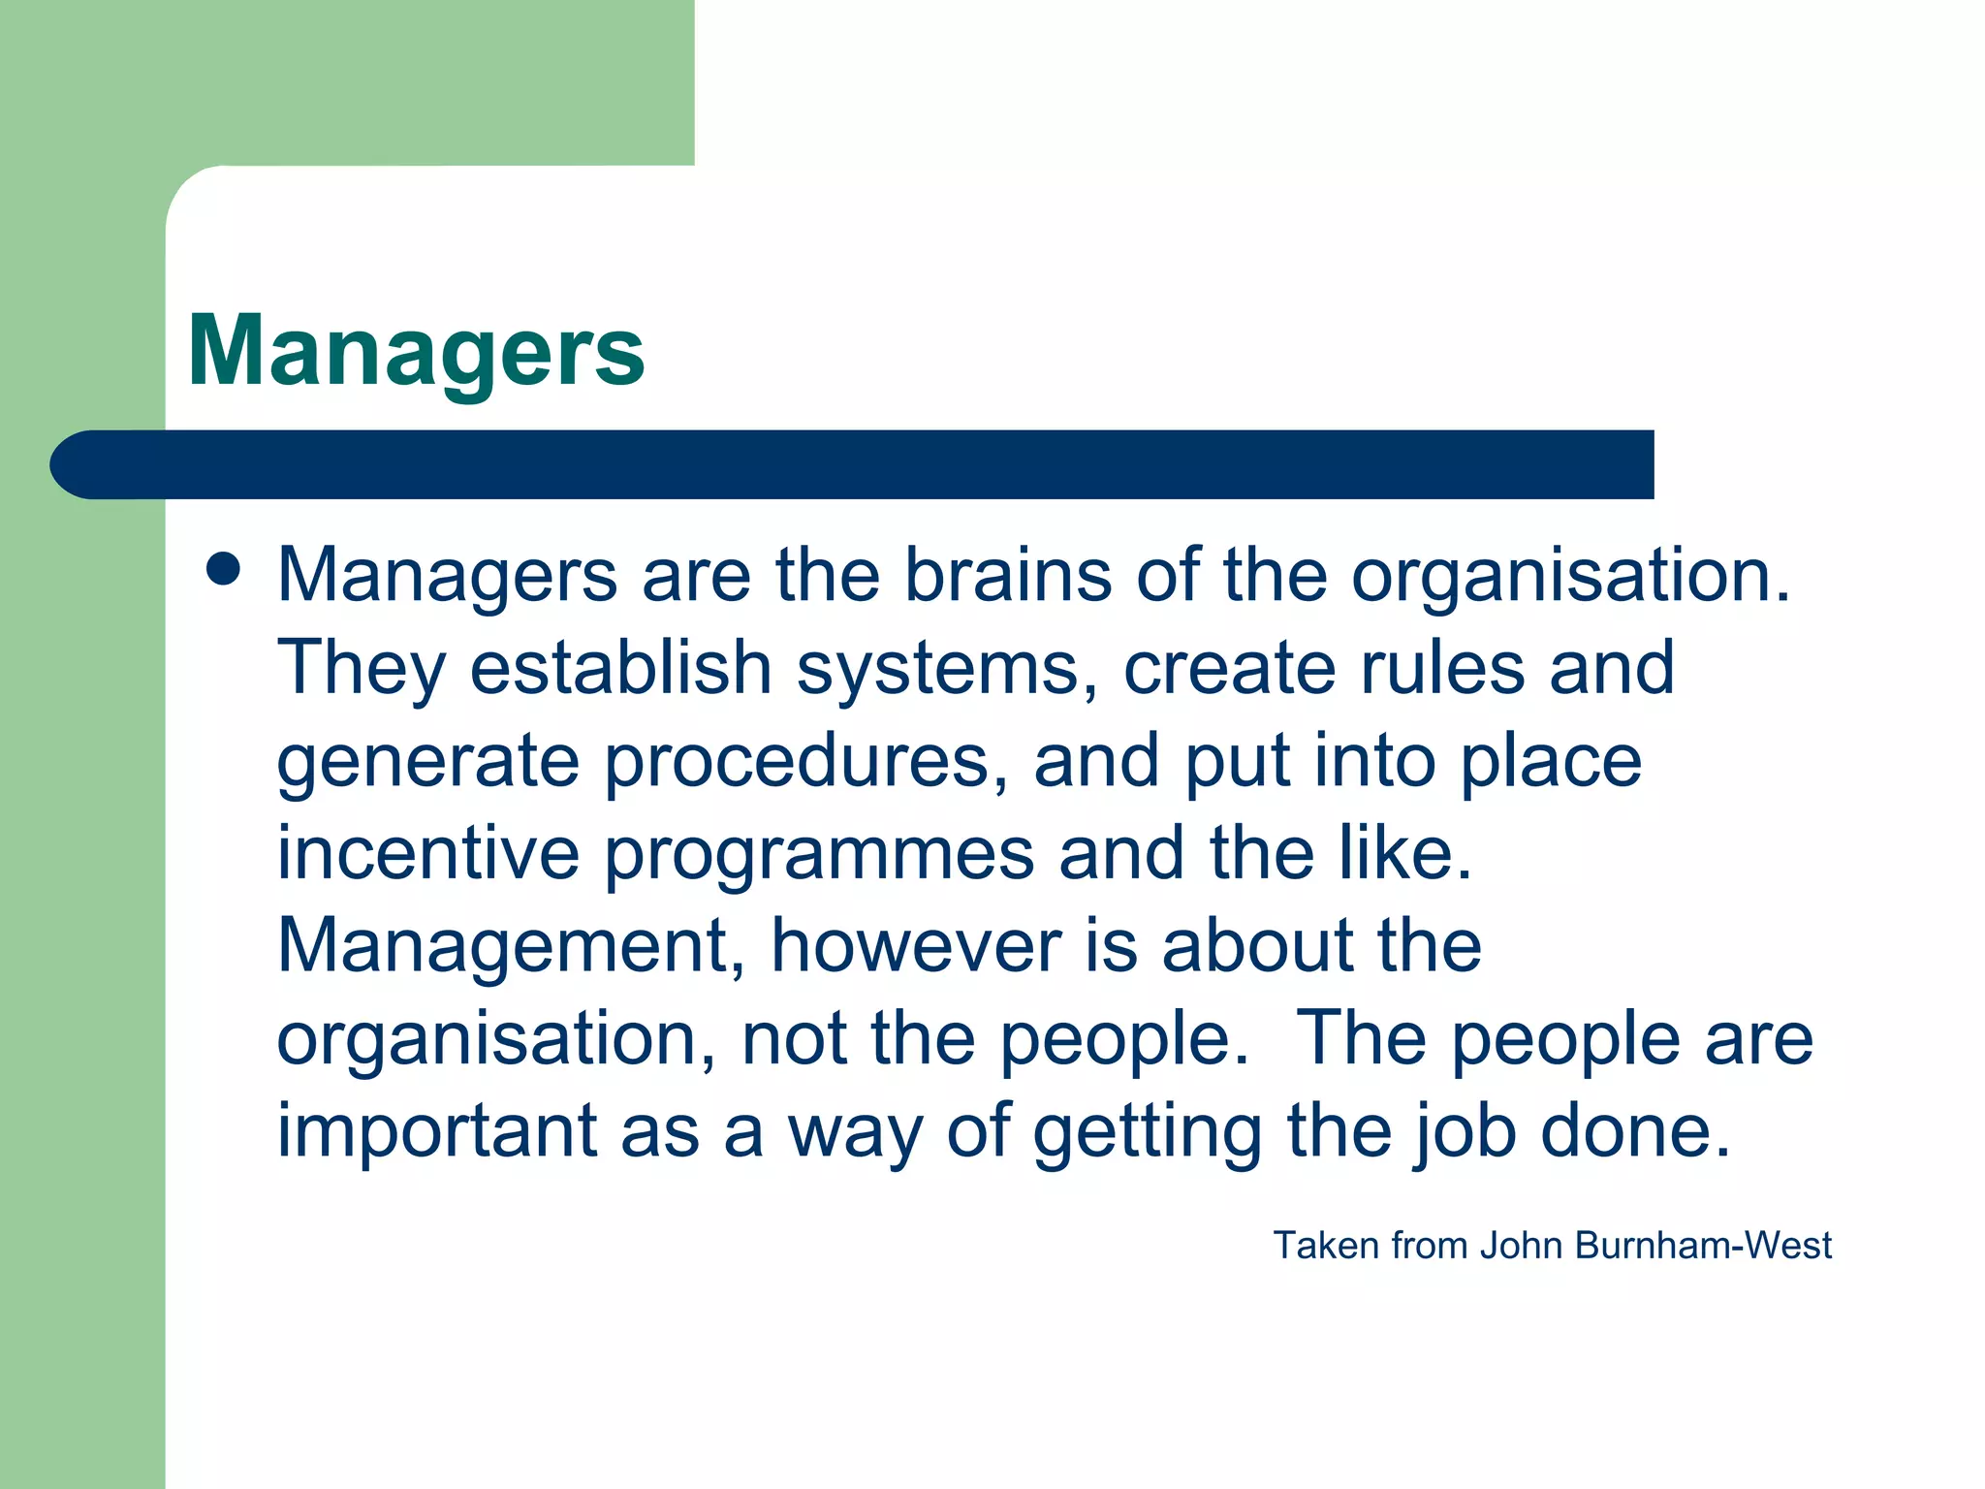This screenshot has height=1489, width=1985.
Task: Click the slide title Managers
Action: (416, 351)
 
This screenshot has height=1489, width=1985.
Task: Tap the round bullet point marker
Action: (223, 570)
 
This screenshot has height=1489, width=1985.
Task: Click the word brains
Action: (1008, 575)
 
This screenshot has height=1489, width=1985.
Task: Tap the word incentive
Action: (428, 852)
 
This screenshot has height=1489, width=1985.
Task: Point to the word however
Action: (916, 945)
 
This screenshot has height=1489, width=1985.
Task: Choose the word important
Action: (437, 1130)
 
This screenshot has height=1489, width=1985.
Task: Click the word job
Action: (1464, 1132)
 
